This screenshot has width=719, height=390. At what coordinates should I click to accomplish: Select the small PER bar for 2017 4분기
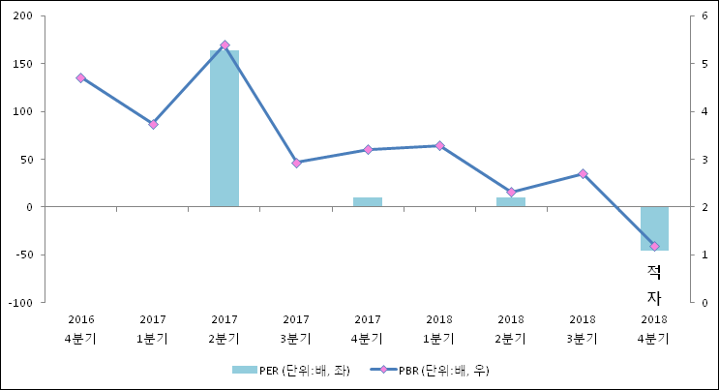(368, 202)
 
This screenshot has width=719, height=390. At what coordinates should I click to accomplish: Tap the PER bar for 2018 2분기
(511, 202)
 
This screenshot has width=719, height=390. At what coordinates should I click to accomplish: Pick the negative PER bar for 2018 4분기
(654, 228)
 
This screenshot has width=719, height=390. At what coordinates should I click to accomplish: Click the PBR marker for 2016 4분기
(80, 77)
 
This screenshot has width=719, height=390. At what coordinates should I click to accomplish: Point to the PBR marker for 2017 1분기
(153, 124)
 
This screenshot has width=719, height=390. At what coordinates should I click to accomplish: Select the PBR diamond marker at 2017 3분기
(296, 163)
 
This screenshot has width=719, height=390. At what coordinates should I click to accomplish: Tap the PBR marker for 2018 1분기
(439, 146)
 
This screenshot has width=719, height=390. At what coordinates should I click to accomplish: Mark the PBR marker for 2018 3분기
(583, 173)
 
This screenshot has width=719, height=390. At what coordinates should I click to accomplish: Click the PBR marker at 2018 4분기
(654, 247)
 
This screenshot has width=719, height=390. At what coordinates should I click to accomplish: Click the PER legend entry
(290, 370)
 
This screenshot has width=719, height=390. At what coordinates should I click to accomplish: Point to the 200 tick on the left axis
(23, 16)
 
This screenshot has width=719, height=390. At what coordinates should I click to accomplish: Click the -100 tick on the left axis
(21, 303)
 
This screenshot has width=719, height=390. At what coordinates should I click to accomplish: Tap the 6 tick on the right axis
(704, 16)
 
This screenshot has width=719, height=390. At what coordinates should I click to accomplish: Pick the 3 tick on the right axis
(704, 160)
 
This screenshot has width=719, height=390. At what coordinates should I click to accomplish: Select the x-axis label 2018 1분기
(439, 329)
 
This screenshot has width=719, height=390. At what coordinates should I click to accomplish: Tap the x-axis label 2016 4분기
(80, 329)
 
